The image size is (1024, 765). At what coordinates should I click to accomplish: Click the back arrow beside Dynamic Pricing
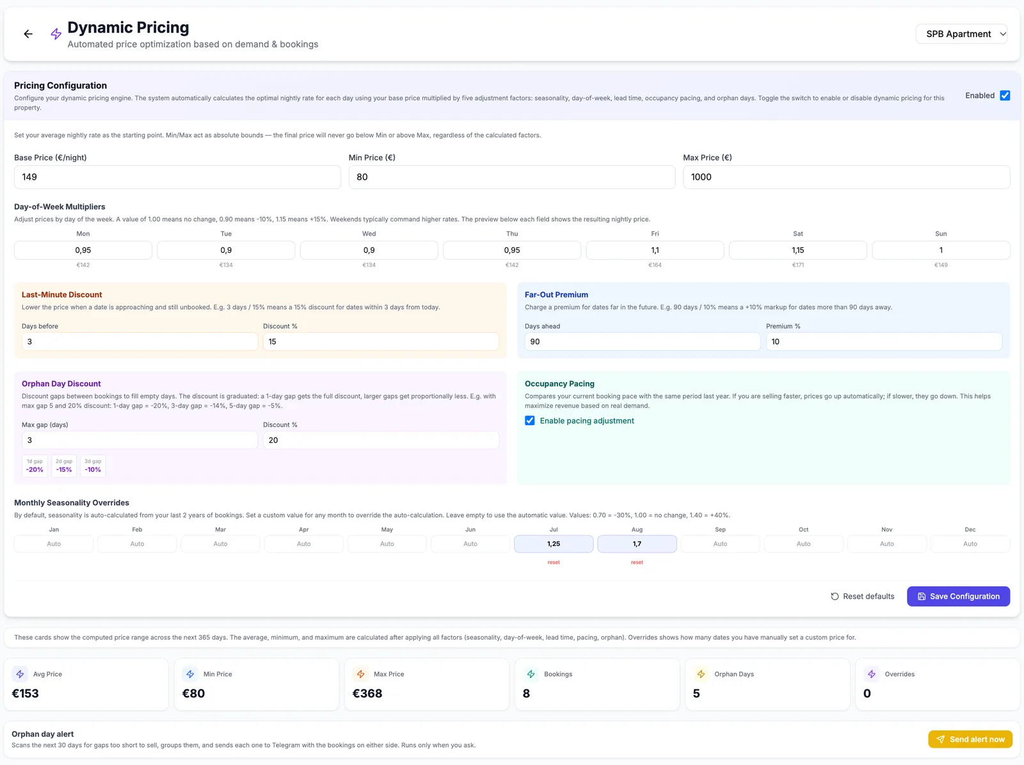[x=28, y=34]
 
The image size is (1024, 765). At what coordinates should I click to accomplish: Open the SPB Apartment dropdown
[x=961, y=34]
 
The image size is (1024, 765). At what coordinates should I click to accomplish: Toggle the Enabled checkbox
[x=1005, y=95]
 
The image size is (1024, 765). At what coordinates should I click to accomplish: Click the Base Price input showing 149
[x=177, y=177]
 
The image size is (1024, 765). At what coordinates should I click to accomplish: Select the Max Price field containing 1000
[x=846, y=177]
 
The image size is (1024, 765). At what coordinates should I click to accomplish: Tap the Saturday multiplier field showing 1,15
[x=797, y=250]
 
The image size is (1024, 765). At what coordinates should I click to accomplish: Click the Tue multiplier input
[x=226, y=250]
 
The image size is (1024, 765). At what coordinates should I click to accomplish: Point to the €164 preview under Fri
[x=655, y=265]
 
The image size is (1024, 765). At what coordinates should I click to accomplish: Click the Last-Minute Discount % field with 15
[x=381, y=342]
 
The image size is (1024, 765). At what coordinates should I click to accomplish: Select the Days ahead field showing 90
[x=643, y=342]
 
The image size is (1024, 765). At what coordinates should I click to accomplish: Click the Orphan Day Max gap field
[x=140, y=440]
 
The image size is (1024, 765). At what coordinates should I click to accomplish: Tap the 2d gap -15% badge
[x=64, y=466]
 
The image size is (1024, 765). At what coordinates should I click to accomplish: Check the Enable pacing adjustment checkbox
[x=529, y=421]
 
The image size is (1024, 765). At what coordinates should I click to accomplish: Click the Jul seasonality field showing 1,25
[x=554, y=544]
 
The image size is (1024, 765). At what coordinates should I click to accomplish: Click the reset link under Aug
[x=637, y=563]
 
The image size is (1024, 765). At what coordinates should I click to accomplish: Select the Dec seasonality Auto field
[x=970, y=544]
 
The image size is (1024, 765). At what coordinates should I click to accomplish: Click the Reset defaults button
[x=862, y=597]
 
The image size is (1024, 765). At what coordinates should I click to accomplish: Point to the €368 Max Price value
[x=367, y=694]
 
